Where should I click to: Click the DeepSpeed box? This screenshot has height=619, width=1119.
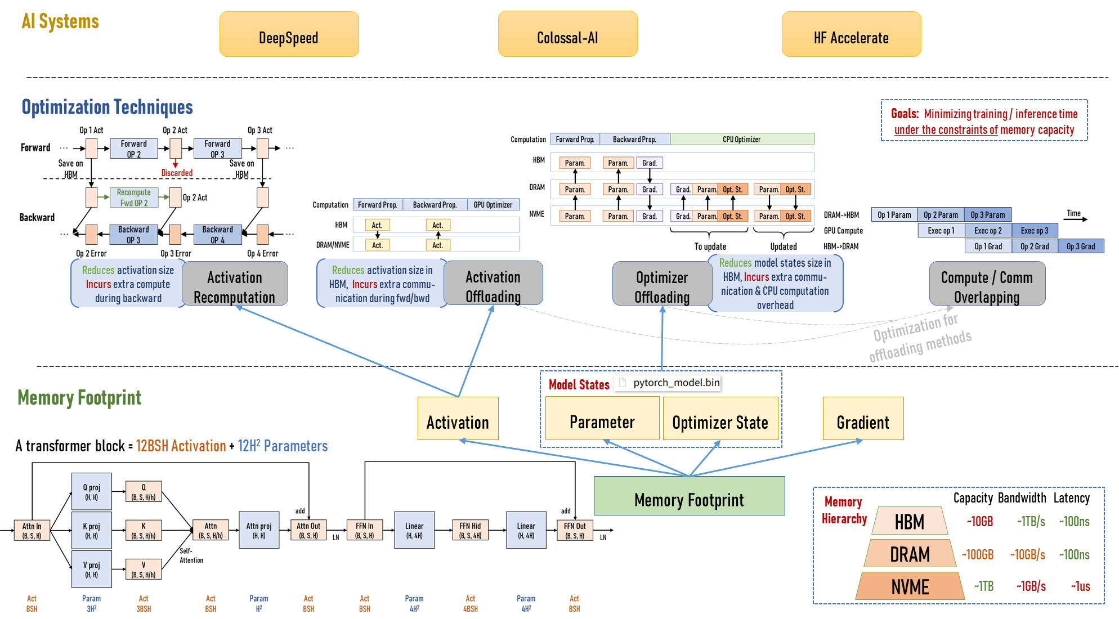(289, 34)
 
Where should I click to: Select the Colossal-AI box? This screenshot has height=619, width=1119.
(567, 34)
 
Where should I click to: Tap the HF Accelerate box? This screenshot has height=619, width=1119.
(851, 34)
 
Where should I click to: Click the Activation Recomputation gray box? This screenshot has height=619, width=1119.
(235, 284)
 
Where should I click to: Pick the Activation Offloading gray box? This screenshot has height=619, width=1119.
(493, 283)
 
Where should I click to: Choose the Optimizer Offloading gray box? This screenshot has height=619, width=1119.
(662, 284)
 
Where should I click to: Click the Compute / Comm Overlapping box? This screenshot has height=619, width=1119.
(987, 284)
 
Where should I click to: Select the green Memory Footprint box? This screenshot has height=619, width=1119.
(689, 496)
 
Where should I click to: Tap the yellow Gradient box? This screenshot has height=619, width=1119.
(863, 419)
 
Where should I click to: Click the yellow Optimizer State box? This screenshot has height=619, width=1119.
(720, 419)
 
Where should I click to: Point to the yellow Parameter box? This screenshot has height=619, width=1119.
(602, 419)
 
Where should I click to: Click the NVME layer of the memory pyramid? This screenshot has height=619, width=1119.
(910, 586)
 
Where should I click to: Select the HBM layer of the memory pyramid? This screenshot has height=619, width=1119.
(910, 521)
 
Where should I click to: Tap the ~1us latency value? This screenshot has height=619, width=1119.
(1080, 586)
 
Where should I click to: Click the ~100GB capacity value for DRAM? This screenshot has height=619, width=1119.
(978, 555)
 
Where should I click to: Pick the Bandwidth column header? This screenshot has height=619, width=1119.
(1022, 498)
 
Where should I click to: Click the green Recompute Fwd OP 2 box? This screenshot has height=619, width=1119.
(134, 198)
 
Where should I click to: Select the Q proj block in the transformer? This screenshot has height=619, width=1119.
(92, 492)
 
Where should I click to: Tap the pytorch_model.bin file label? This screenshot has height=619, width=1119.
(676, 383)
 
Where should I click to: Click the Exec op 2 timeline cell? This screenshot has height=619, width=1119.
(988, 231)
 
